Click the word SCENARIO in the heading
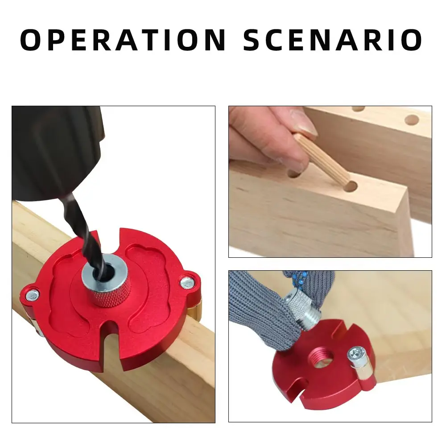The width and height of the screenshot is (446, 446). [x=332, y=40]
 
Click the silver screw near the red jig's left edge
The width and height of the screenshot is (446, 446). [x=32, y=294]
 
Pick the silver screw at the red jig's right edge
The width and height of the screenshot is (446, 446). [x=186, y=281]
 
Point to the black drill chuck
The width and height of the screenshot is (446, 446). [x=58, y=152]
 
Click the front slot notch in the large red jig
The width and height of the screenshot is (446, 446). [x=108, y=352]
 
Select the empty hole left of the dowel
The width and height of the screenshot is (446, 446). [x=293, y=173]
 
